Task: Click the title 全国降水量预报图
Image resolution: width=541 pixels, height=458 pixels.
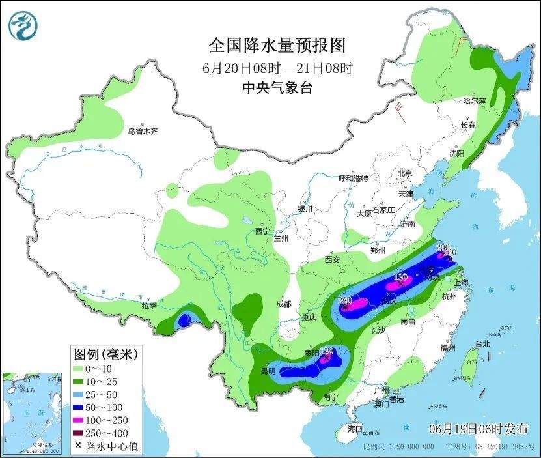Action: pyautogui.click(x=277, y=45)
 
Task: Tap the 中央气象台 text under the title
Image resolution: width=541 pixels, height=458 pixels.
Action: pyautogui.click(x=277, y=87)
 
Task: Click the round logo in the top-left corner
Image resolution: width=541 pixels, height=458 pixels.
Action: pyautogui.click(x=23, y=25)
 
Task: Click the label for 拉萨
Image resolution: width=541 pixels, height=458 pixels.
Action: pyautogui.click(x=148, y=306)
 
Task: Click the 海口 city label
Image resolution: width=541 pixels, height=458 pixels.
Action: pyautogui.click(x=354, y=429)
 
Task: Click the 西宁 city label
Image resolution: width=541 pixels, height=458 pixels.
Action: pyautogui.click(x=262, y=231)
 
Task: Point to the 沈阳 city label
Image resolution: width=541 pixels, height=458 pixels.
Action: pyautogui.click(x=456, y=154)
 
